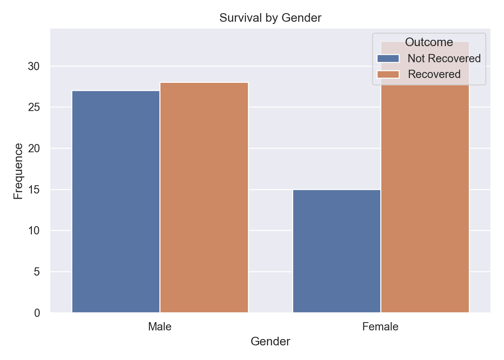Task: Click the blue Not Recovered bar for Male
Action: click(x=115, y=201)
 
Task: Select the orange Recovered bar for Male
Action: click(x=204, y=197)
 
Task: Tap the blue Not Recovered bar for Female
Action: click(x=336, y=251)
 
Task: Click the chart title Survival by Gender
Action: click(x=270, y=18)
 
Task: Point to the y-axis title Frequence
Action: click(x=18, y=171)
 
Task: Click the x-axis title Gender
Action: click(x=270, y=342)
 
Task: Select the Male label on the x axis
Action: click(x=160, y=327)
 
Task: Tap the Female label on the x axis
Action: click(x=380, y=327)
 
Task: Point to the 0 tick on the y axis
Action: click(x=37, y=313)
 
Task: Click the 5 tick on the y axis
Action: click(x=37, y=271)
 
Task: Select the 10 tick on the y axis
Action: click(x=34, y=230)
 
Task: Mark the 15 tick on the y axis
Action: click(x=34, y=189)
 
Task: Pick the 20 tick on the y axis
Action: click(x=34, y=148)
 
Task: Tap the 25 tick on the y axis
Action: click(x=34, y=107)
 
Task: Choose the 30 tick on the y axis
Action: click(x=34, y=66)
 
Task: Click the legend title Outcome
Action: click(x=429, y=42)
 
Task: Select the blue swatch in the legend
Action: click(x=388, y=58)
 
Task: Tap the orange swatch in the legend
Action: click(x=388, y=74)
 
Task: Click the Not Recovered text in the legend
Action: click(x=444, y=58)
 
